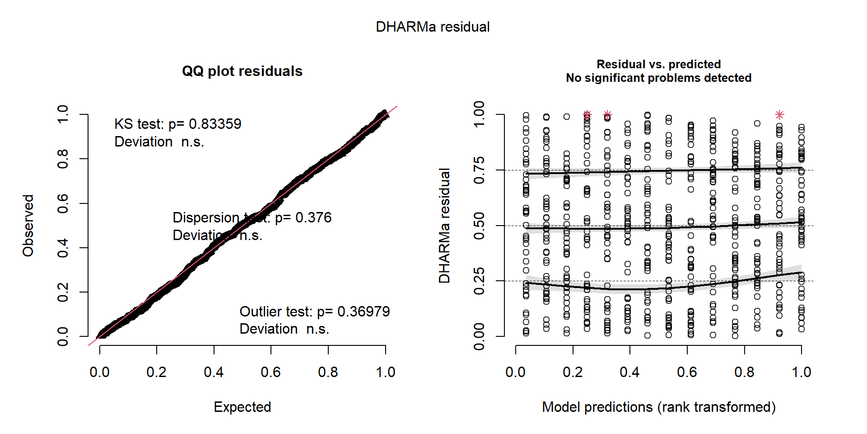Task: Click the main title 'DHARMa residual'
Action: (433, 27)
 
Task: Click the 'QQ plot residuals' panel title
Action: (242, 71)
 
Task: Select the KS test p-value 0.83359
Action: (215, 124)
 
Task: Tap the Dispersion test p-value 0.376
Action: (313, 217)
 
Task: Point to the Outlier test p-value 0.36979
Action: (364, 311)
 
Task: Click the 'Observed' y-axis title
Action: (28, 226)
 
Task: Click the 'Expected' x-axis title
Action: (242, 407)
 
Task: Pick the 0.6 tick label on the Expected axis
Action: (270, 372)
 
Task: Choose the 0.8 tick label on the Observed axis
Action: (63, 159)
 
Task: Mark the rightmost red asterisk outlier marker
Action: (779, 115)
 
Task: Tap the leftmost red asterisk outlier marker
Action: (587, 115)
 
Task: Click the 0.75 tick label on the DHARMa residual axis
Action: (479, 170)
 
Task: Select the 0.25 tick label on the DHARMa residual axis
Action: (479, 281)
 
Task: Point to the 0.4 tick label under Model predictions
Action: (629, 372)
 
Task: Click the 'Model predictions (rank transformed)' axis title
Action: (658, 407)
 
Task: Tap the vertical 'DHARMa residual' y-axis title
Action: (444, 226)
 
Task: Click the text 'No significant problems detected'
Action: (658, 78)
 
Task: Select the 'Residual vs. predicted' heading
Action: (658, 64)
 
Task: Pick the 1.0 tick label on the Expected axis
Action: (385, 372)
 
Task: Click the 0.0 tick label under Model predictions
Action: (515, 372)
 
